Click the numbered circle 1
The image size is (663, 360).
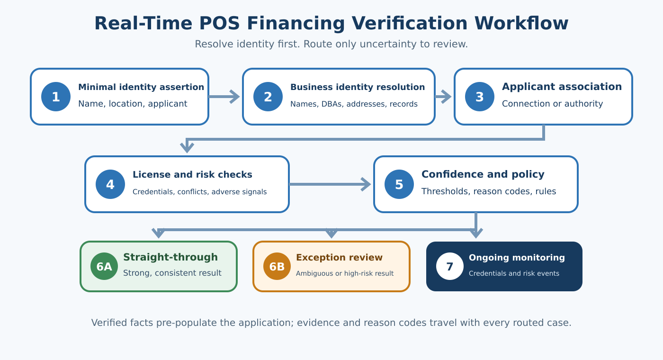tap(56, 97)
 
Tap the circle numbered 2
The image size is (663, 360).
tap(268, 97)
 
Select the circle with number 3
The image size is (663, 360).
tap(480, 97)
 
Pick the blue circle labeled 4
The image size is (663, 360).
tap(110, 184)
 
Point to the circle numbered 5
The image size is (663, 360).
tap(399, 184)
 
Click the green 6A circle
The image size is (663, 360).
tap(104, 266)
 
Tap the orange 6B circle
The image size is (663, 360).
tap(277, 266)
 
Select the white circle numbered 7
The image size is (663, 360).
tap(450, 266)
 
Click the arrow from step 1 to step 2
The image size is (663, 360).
tap(224, 97)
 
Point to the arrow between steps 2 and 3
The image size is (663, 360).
tap(443, 97)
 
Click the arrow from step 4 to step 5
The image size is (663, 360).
tap(330, 184)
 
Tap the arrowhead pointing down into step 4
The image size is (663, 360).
tap(187, 148)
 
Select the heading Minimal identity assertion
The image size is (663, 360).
tap(141, 87)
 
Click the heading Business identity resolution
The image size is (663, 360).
tap(358, 87)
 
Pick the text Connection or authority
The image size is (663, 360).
tap(552, 104)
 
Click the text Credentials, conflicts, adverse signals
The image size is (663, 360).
tap(200, 192)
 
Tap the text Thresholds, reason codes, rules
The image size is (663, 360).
tap(489, 191)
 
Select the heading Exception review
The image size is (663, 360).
tap(339, 258)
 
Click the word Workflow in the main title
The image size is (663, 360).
tap(521, 23)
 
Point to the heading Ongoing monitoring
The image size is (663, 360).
tap(517, 258)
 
